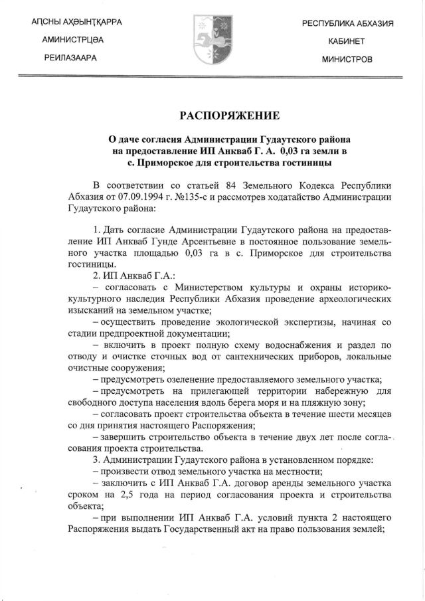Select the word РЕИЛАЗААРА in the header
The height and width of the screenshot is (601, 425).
click(68, 58)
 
